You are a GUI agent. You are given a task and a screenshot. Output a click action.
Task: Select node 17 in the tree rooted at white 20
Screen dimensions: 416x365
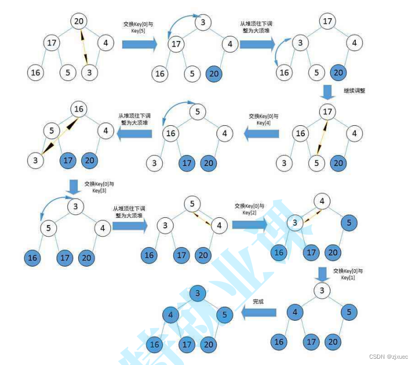(51, 43)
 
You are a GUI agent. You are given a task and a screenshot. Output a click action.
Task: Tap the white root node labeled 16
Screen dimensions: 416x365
(79, 109)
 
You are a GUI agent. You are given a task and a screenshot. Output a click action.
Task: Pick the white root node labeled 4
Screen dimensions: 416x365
(322, 201)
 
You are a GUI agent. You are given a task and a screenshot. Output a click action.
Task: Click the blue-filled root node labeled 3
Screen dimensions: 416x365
(197, 293)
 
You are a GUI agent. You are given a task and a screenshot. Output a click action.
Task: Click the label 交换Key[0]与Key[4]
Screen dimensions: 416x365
(263, 120)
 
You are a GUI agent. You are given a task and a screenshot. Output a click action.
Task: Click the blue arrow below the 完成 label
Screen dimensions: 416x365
(259, 312)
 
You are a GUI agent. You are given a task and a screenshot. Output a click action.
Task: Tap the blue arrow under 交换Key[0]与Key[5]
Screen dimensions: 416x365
(139, 44)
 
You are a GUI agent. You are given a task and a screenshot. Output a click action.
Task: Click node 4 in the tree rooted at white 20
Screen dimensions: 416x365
(105, 43)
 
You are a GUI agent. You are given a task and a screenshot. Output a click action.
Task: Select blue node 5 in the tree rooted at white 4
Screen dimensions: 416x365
(349, 223)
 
